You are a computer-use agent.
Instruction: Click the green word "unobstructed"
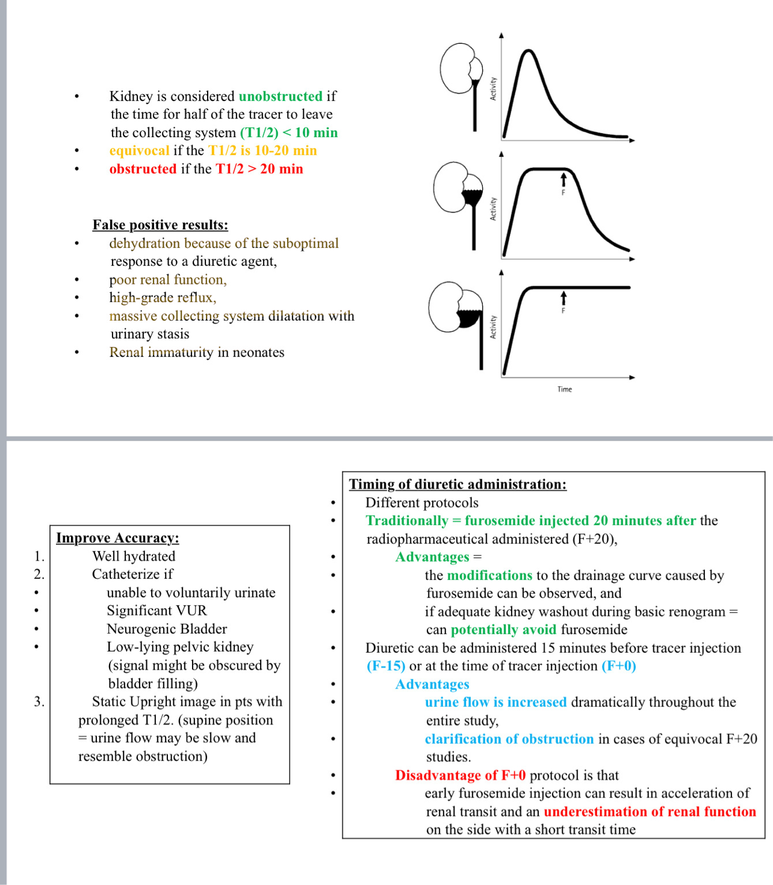[281, 96]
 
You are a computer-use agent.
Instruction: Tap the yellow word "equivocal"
[139, 150]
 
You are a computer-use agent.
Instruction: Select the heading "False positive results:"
[160, 225]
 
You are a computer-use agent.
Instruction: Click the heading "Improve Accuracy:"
[117, 538]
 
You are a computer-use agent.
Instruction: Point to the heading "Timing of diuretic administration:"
[458, 484]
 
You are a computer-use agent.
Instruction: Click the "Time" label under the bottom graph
[564, 389]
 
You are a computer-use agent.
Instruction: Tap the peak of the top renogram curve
[529, 52]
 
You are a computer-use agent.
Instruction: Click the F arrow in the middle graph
[563, 180]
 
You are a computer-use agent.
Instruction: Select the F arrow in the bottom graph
[563, 298]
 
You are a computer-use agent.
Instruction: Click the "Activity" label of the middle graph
[493, 209]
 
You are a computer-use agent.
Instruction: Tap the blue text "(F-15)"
[386, 666]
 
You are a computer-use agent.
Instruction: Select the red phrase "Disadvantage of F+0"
[460, 776]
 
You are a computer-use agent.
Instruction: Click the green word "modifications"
[489, 575]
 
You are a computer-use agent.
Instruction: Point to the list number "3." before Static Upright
[39, 702]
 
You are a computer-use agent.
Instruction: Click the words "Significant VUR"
[157, 611]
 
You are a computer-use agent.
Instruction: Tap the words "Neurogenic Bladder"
[167, 629]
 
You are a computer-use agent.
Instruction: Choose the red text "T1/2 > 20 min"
[259, 169]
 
